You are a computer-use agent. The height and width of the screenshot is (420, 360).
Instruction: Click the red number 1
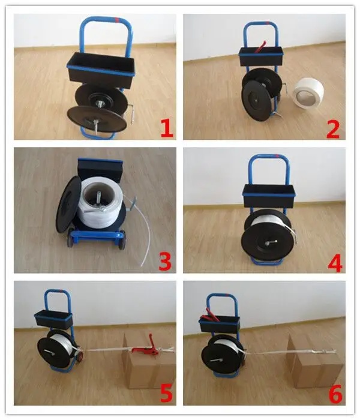(167, 128)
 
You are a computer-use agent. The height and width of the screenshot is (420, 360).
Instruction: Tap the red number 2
(333, 129)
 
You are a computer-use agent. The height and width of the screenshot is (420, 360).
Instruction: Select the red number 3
(165, 261)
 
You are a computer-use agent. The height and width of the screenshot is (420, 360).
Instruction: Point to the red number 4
(335, 263)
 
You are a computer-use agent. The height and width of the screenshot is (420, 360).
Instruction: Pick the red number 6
(335, 394)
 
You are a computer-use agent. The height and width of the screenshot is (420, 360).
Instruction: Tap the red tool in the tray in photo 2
(260, 47)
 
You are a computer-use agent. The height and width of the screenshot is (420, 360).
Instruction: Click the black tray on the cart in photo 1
(100, 70)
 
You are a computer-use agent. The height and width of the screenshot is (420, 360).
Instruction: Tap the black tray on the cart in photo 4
(268, 196)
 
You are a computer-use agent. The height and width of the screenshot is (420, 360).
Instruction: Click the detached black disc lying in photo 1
(97, 119)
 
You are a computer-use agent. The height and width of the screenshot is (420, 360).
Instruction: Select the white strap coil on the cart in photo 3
(100, 203)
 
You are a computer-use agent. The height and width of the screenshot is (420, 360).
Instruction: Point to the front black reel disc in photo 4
(265, 242)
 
